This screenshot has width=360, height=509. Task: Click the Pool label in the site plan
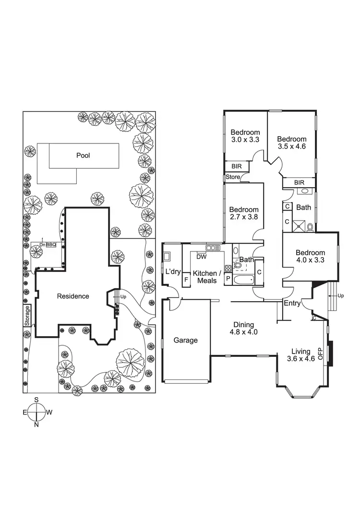pos(83,155)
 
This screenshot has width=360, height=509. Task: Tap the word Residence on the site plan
pos(73,296)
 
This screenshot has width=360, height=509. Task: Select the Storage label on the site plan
pos(27,316)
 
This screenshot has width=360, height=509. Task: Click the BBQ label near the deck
pos(51,245)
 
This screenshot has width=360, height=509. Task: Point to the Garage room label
pos(186,340)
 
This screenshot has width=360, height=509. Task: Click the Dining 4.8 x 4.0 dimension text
pos(241,331)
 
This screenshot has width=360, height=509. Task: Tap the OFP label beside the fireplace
pos(321,354)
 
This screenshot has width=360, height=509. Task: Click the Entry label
pos(292,303)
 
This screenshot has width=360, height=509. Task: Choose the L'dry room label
pos(172,272)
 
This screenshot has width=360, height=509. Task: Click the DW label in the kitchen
pos(202,257)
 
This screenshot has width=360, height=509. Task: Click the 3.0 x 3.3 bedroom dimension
pos(245,140)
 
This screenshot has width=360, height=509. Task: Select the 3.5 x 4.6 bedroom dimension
pos(291,147)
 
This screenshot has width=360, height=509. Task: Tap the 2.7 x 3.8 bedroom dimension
pos(243,217)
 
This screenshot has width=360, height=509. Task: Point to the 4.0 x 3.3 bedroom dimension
pos(310,260)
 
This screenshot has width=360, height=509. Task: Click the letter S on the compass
pos(36,400)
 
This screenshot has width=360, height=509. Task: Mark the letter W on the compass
pos(49,412)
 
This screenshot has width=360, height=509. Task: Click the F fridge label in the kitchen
pos(186,279)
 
